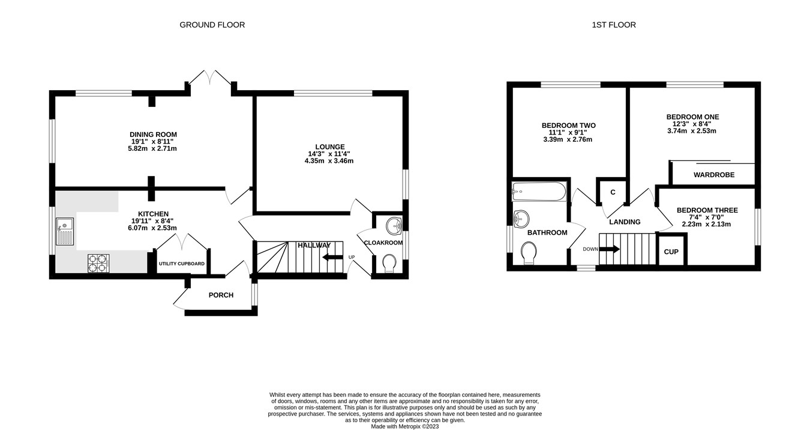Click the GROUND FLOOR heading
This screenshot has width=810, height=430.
click(x=212, y=25)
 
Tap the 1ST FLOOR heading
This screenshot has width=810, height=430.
click(x=613, y=25)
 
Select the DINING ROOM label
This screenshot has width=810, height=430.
click(x=154, y=135)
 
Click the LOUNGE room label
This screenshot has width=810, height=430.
click(x=330, y=147)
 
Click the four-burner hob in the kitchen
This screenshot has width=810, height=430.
click(x=99, y=263)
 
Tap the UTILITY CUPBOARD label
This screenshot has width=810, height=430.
click(x=181, y=264)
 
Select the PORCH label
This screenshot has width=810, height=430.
click(x=221, y=295)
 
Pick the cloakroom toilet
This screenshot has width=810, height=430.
click(x=389, y=263)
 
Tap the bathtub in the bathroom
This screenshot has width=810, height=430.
click(x=538, y=192)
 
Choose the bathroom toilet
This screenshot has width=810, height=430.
click(x=529, y=252)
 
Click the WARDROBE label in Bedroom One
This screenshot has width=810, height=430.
click(x=713, y=175)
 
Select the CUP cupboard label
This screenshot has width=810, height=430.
click(x=671, y=252)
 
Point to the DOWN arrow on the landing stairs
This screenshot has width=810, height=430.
click(x=609, y=249)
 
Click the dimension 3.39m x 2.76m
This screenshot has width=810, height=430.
click(x=568, y=139)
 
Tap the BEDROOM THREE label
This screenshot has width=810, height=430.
click(x=707, y=210)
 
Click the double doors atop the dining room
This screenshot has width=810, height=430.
click(x=211, y=80)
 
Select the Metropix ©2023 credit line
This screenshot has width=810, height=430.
click(x=404, y=426)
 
